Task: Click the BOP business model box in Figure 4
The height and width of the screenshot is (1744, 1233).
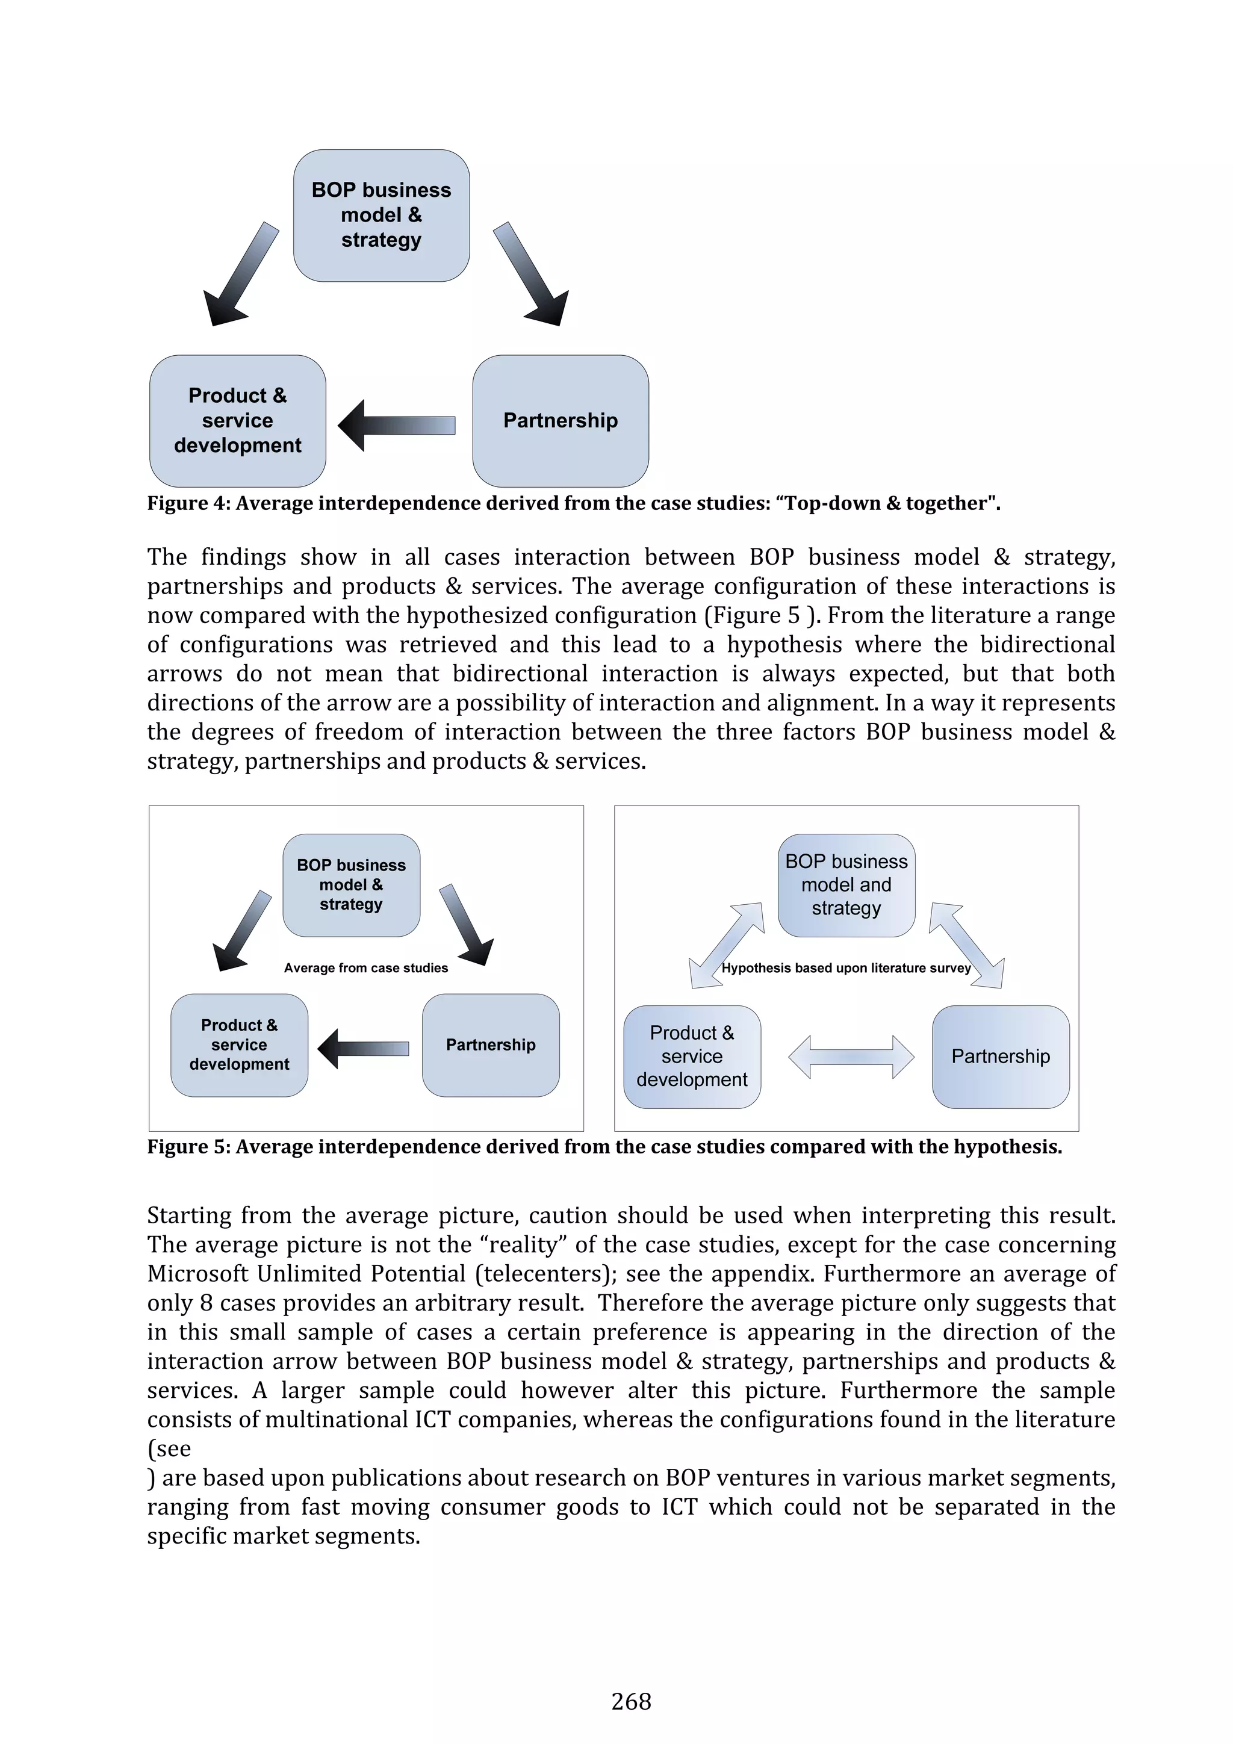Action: [380, 215]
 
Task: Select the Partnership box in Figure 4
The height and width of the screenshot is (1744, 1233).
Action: [560, 420]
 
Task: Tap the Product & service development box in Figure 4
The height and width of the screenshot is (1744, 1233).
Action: [238, 420]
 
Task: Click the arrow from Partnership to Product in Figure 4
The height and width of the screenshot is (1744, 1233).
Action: [397, 426]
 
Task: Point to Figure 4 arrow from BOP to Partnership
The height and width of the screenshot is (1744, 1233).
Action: [530, 273]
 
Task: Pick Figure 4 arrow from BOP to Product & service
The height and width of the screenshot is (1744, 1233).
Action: [241, 273]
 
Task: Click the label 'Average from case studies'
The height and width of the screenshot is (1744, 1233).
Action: [365, 967]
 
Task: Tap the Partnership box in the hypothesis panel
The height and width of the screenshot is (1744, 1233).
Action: [1000, 1056]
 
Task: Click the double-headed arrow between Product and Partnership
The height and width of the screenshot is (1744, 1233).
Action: [851, 1057]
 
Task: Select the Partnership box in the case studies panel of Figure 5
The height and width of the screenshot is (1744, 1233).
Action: [490, 1044]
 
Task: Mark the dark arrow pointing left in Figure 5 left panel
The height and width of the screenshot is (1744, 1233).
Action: [363, 1049]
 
